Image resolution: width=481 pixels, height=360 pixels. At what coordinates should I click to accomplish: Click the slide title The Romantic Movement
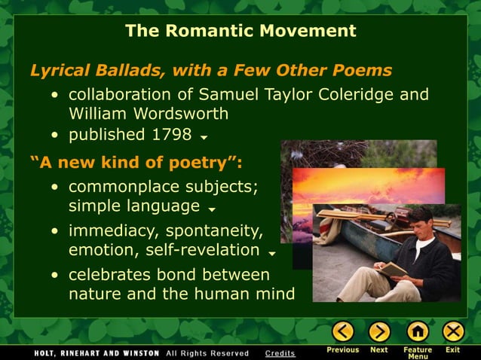240,31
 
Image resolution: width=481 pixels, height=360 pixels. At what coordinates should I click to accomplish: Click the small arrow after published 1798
204,138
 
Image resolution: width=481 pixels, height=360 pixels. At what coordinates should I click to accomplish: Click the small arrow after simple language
212,209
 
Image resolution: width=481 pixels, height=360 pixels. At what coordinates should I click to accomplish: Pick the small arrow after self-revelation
271,253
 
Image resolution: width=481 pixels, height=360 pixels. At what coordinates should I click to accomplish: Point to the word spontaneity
214,230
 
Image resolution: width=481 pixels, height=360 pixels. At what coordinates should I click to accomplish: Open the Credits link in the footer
280,353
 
